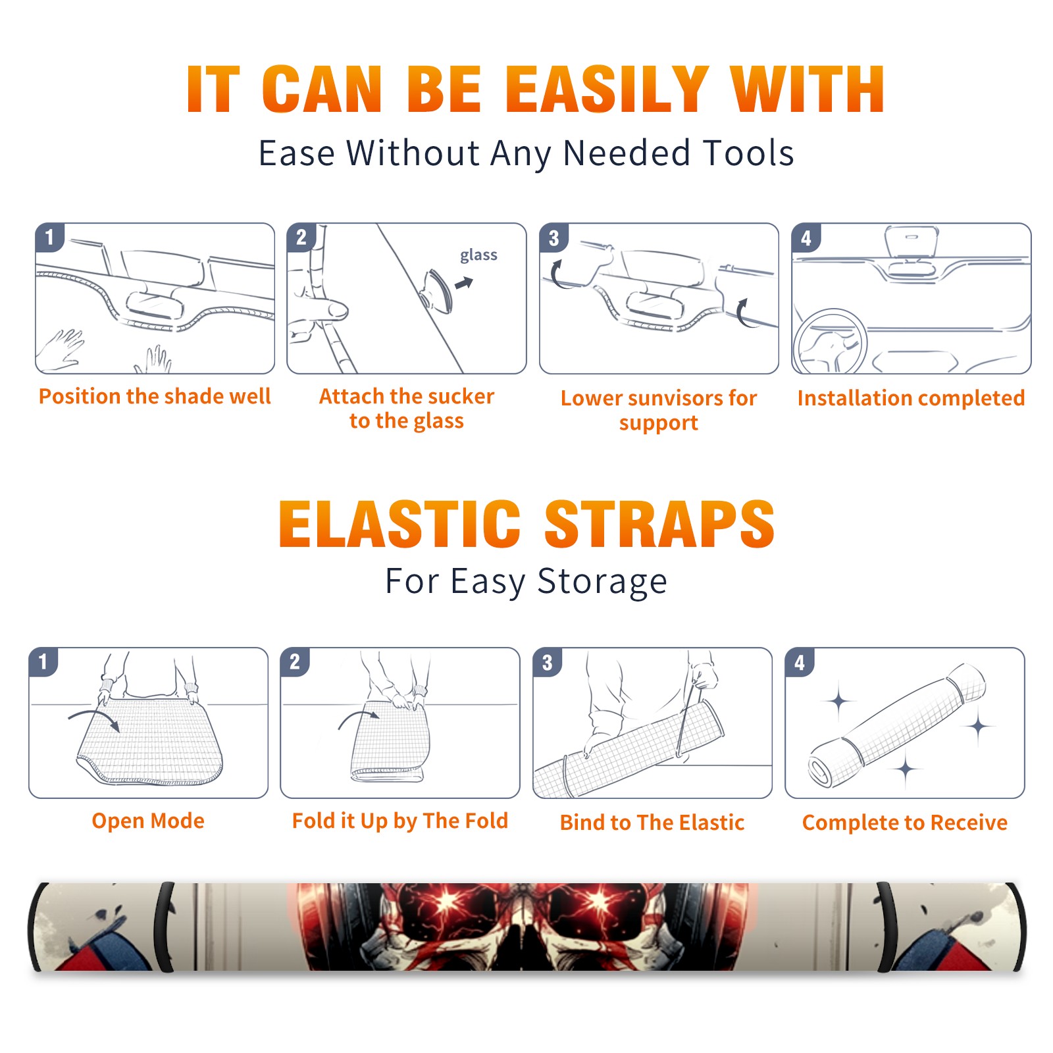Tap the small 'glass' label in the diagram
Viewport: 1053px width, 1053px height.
pyautogui.click(x=478, y=255)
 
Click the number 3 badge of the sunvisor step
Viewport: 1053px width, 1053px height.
pyautogui.click(x=554, y=238)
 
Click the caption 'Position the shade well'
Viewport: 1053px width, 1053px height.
pyautogui.click(x=155, y=396)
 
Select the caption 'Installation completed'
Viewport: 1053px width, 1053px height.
pyautogui.click(x=911, y=398)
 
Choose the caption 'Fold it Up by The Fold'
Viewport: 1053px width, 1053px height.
pyautogui.click(x=400, y=821)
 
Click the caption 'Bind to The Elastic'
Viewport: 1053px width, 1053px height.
pyautogui.click(x=652, y=822)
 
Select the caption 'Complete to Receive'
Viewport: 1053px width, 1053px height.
pyautogui.click(x=905, y=822)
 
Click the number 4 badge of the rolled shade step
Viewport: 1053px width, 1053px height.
pyautogui.click(x=800, y=662)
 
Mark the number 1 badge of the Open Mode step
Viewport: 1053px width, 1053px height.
pyautogui.click(x=43, y=662)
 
